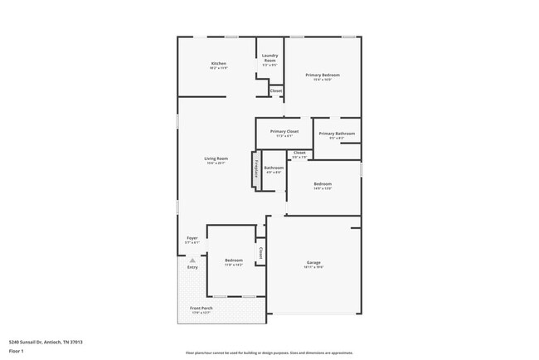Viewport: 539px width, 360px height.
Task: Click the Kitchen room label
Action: [218, 64]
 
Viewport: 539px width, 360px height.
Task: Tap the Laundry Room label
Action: [269, 59]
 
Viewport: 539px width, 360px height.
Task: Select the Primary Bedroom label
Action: [323, 75]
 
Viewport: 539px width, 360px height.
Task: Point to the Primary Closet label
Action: [284, 131]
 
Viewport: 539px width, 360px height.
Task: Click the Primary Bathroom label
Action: [337, 134]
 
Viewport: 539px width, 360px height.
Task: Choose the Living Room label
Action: [216, 158]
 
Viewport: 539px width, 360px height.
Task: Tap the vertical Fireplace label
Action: [256, 169]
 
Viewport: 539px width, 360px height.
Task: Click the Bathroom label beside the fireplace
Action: [274, 168]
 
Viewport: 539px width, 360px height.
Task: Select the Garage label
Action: [313, 262]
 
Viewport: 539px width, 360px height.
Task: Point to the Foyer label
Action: [192, 237]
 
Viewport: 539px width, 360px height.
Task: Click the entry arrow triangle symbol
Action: [192, 260]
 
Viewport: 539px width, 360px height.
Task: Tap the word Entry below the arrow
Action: [192, 267]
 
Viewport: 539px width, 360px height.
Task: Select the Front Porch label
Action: [202, 309]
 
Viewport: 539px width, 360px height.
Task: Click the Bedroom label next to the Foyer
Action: [234, 260]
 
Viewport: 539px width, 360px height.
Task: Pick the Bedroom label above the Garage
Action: [323, 183]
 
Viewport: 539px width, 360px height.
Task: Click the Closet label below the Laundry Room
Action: [275, 90]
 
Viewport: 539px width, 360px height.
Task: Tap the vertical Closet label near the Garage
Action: [260, 252]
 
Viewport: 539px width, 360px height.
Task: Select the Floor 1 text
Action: [16, 351]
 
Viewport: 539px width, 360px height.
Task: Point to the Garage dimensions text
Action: [313, 267]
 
